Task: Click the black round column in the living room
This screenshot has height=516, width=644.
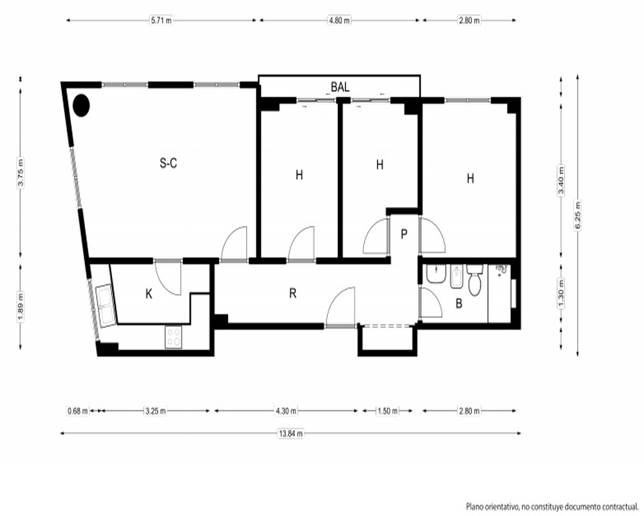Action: click(81, 105)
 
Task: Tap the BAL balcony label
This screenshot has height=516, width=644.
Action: click(340, 87)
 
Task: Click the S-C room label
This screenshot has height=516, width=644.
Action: click(168, 163)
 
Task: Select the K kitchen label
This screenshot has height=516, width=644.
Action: click(149, 294)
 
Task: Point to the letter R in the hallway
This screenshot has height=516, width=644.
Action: click(293, 293)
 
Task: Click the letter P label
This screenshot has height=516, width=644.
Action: click(404, 234)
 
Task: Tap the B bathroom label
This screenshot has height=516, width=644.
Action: click(459, 304)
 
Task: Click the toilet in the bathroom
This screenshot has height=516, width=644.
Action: click(475, 280)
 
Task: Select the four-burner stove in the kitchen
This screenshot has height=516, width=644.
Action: click(173, 337)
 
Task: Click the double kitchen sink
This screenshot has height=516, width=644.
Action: click(105, 305)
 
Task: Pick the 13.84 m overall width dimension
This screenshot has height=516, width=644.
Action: click(291, 433)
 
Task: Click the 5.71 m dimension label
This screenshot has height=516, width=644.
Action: click(161, 20)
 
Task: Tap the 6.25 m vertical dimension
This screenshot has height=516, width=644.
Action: click(578, 215)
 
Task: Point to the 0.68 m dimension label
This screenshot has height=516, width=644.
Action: click(78, 411)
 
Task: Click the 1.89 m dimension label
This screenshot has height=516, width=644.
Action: click(21, 307)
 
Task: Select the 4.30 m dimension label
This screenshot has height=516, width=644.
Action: click(286, 411)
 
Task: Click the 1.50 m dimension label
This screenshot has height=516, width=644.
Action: click(387, 411)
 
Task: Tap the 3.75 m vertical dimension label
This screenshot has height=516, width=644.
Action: click(21, 173)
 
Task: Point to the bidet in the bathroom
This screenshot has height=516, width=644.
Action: click(457, 277)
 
